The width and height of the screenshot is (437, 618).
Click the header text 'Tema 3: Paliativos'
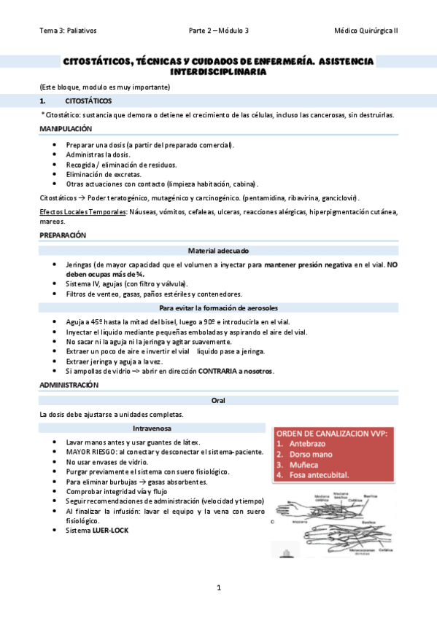69,31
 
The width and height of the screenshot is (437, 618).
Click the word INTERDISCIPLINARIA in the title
217,72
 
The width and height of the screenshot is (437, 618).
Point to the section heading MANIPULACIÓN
66,128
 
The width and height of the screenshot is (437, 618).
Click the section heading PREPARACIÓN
63,235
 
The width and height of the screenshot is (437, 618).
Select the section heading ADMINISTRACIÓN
69,384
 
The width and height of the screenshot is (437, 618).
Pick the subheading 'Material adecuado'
218,250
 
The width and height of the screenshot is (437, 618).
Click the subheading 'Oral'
218,400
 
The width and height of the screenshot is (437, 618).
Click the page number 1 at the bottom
218,587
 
